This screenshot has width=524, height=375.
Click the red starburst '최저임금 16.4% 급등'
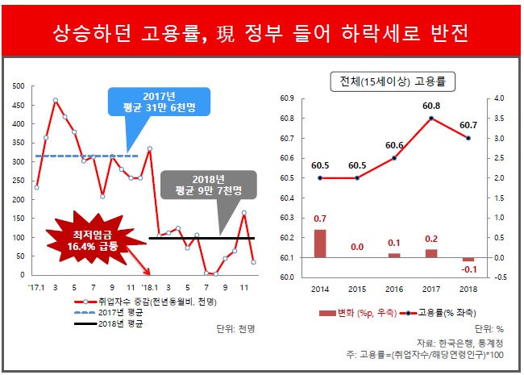85,240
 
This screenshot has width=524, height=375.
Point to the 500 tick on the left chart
20,85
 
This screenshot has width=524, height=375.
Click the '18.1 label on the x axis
149,287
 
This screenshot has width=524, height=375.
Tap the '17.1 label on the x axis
36,287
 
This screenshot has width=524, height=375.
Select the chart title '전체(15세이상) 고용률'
393,81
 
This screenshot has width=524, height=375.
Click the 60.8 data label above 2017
431,106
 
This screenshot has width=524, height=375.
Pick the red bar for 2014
320,243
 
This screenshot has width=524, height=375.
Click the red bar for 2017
431,253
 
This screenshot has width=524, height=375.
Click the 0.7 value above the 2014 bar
320,219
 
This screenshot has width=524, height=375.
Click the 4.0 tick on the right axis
498,98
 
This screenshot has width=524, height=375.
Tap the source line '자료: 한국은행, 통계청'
464,342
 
